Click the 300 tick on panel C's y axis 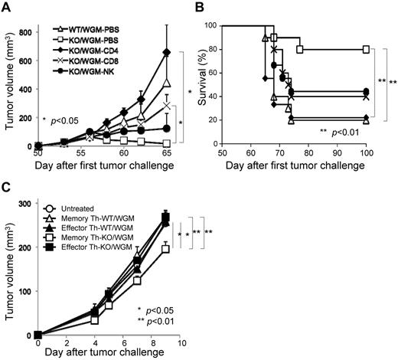point(25,203)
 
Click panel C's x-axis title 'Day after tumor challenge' point(107,355)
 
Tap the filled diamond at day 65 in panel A point(166,52)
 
